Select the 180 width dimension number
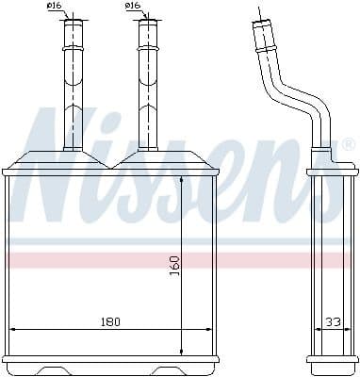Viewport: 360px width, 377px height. coord(110,321)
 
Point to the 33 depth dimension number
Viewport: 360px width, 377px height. coord(333,321)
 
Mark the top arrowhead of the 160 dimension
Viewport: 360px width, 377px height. coord(182,180)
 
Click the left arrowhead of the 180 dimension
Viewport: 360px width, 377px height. coord(13,329)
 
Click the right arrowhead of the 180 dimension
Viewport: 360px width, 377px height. coord(209,329)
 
